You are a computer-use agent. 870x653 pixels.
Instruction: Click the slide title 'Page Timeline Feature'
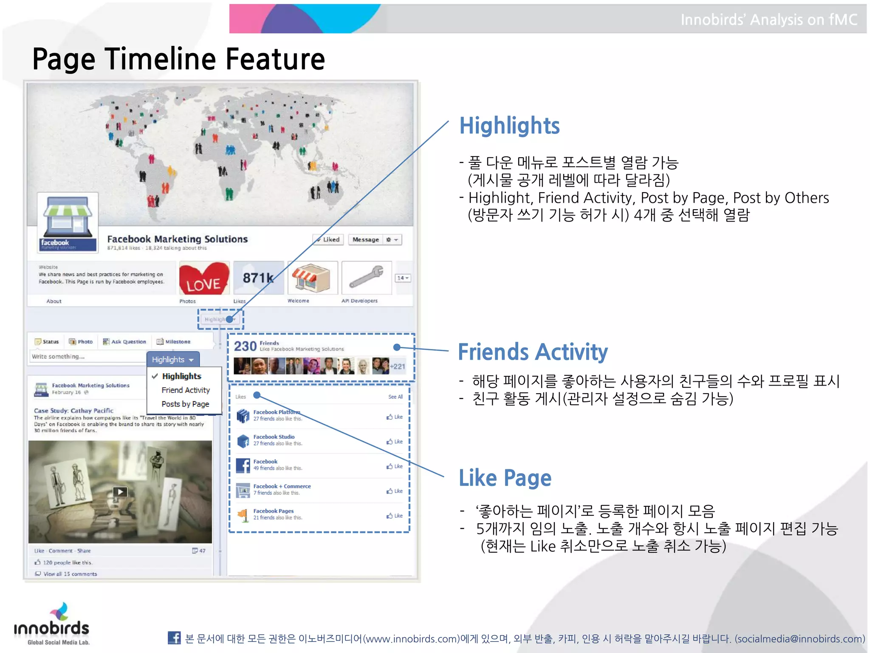[178, 59]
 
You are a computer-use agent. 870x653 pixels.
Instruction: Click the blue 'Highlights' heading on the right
[509, 126]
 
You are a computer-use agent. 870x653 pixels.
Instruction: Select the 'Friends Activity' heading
[533, 352]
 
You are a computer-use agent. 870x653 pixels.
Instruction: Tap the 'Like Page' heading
[505, 478]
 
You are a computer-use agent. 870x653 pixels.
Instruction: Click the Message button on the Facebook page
[365, 240]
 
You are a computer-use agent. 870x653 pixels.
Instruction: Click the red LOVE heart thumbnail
[204, 278]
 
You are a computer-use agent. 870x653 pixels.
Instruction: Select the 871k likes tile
[258, 278]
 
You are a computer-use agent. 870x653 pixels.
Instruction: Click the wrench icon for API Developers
[366, 278]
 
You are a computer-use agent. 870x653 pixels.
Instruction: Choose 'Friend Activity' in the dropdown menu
[186, 390]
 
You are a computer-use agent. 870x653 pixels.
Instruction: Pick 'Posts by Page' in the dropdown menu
[185, 404]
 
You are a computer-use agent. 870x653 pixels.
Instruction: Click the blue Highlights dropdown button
[172, 360]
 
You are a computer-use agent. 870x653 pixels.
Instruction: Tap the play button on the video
[120, 492]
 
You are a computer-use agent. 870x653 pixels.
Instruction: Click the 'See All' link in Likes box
[395, 397]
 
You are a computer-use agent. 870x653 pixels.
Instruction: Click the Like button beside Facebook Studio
[395, 442]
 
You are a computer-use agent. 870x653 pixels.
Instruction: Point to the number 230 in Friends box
[245, 346]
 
